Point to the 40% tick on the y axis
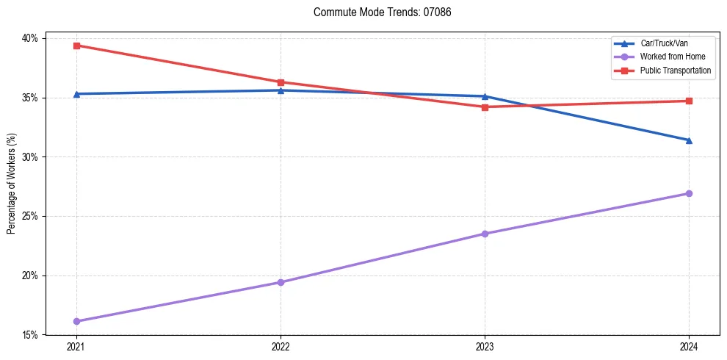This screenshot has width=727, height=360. coord(33,38)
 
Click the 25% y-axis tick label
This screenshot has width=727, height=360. coord(33,217)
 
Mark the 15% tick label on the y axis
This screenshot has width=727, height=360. coord(33,335)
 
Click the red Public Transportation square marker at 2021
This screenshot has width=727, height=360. coord(76,46)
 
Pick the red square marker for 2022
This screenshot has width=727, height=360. coord(281,82)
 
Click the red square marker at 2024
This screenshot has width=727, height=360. coord(689,101)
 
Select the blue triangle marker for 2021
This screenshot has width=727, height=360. coord(76,94)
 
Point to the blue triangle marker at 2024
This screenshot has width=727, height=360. coord(689,140)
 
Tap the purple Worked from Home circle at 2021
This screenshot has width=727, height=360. coord(76,321)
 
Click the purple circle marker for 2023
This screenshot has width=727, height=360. coord(485,234)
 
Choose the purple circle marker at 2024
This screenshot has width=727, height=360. coord(689,193)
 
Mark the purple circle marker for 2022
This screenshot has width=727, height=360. coord(281,282)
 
